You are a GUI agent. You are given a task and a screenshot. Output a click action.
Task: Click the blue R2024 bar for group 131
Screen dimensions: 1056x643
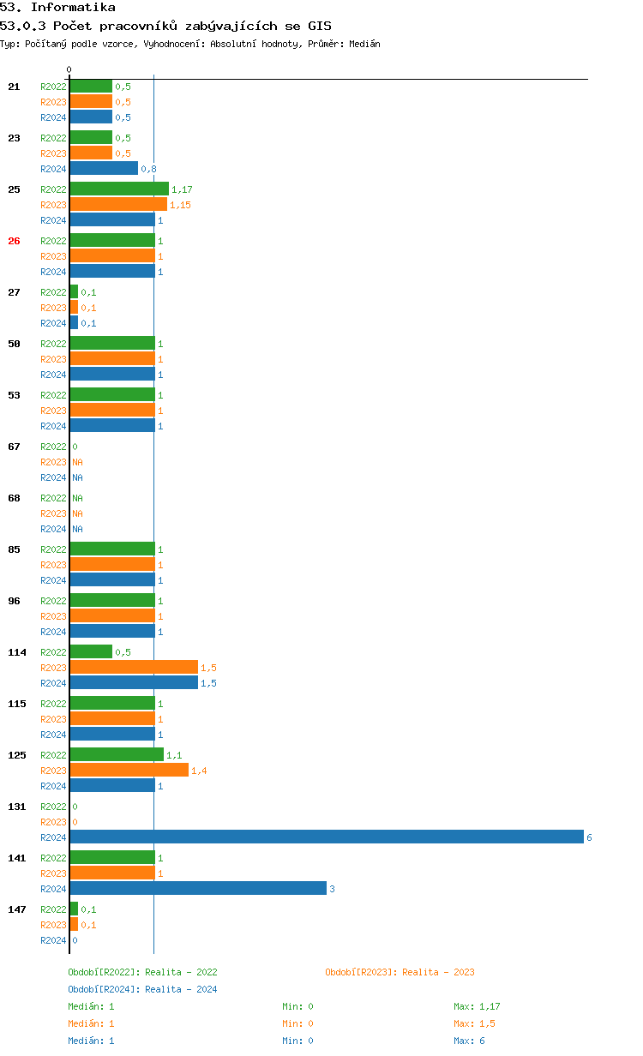point(326,837)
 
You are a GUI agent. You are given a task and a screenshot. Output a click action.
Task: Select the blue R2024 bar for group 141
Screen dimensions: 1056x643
point(198,889)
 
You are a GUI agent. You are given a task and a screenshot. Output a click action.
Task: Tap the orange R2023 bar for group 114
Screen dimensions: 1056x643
point(134,668)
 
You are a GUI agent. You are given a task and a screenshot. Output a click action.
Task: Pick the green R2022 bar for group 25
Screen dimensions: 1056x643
point(119,189)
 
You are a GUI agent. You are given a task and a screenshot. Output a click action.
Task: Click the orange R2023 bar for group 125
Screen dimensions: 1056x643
point(129,771)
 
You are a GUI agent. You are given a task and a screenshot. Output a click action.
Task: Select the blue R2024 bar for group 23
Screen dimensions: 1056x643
point(104,169)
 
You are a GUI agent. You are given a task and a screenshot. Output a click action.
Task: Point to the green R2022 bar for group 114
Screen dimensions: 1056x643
point(91,652)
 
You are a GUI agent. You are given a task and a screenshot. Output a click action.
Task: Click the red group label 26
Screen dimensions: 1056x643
point(14,241)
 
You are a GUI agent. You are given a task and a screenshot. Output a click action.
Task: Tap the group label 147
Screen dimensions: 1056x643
point(17,909)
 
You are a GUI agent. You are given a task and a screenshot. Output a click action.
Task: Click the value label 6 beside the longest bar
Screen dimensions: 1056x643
point(589,837)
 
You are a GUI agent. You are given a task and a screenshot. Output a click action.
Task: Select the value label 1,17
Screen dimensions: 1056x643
point(182,189)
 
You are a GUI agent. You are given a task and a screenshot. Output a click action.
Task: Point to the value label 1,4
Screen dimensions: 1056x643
point(199,771)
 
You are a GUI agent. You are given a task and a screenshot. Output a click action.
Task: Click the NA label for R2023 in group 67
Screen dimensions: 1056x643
point(77,462)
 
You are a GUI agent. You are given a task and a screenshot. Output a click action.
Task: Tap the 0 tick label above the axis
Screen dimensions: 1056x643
point(69,69)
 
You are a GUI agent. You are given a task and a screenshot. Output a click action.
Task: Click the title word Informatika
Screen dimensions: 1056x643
point(73,8)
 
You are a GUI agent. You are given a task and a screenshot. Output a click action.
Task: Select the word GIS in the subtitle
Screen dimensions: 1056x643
point(319,26)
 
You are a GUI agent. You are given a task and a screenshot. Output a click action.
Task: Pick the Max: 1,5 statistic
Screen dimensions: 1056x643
point(474,1023)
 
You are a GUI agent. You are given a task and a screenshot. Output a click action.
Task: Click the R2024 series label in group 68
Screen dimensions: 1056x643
point(53,529)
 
